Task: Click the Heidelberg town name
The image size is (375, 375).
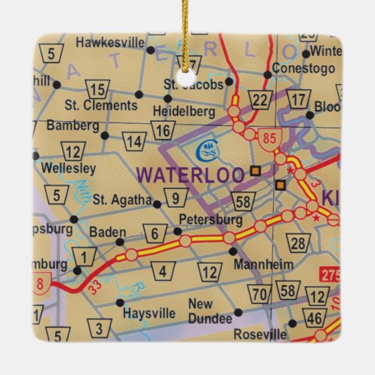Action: (183, 111)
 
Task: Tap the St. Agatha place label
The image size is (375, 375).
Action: (122, 200)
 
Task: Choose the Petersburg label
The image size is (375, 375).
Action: (210, 219)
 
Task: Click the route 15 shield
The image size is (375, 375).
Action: (99, 89)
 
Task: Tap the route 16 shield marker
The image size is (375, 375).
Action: (162, 129)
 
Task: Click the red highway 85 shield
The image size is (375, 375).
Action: (267, 137)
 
